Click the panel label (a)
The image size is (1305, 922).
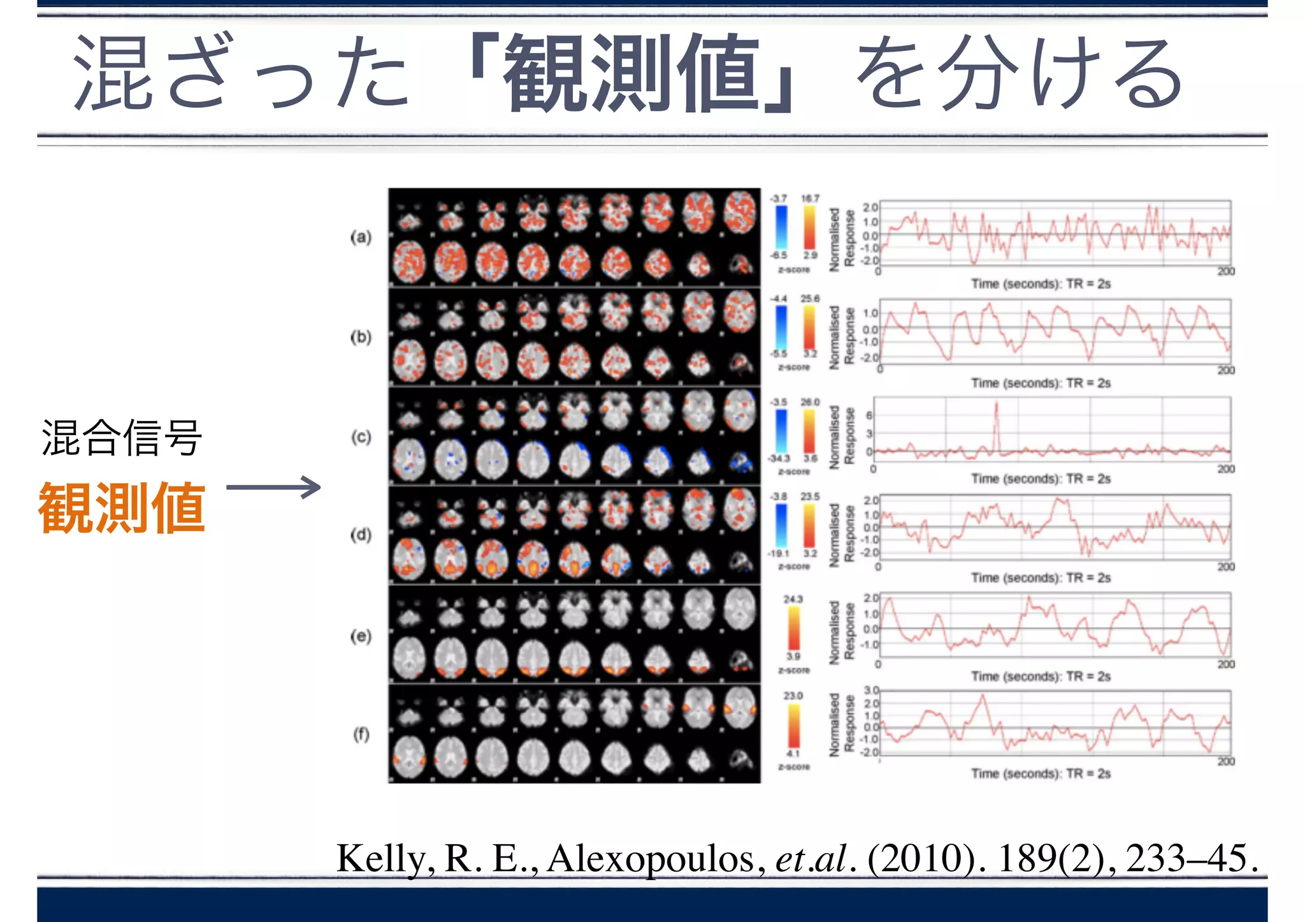361,238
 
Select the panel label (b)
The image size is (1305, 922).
361,337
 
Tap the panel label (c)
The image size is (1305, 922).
361,437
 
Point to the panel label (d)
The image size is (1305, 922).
361,535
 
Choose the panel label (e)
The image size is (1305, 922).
361,636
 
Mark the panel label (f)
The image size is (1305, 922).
361,735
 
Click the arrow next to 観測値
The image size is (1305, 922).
273,488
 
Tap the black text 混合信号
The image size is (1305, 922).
122,438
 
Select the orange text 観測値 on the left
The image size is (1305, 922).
122,508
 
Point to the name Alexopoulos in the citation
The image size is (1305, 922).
651,858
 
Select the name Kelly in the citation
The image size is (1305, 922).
385,858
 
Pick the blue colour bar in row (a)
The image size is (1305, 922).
781,227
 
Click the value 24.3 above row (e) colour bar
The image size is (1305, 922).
793,600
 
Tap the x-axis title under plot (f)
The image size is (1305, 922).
1041,774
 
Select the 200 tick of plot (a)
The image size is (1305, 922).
1226,271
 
